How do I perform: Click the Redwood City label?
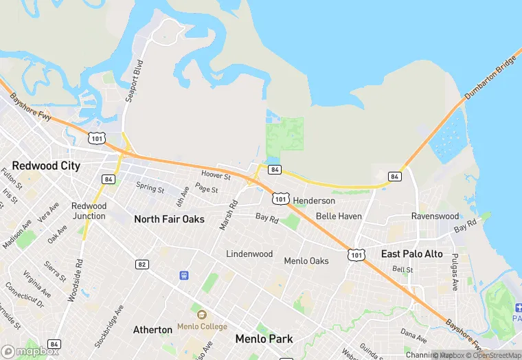(x=46, y=166)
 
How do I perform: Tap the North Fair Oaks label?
(x=169, y=219)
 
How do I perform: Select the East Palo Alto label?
(x=412, y=254)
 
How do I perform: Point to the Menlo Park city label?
(x=264, y=339)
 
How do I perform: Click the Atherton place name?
(x=152, y=330)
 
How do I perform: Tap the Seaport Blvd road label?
(x=134, y=80)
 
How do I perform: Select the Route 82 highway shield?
(x=142, y=265)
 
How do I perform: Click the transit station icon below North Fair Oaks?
(x=184, y=275)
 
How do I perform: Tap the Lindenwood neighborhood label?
(x=249, y=254)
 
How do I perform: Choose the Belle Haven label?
(x=339, y=216)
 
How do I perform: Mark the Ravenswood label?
(x=435, y=216)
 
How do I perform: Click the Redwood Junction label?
(x=89, y=211)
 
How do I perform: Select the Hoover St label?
(x=216, y=176)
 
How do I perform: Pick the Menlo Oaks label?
(x=306, y=261)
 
